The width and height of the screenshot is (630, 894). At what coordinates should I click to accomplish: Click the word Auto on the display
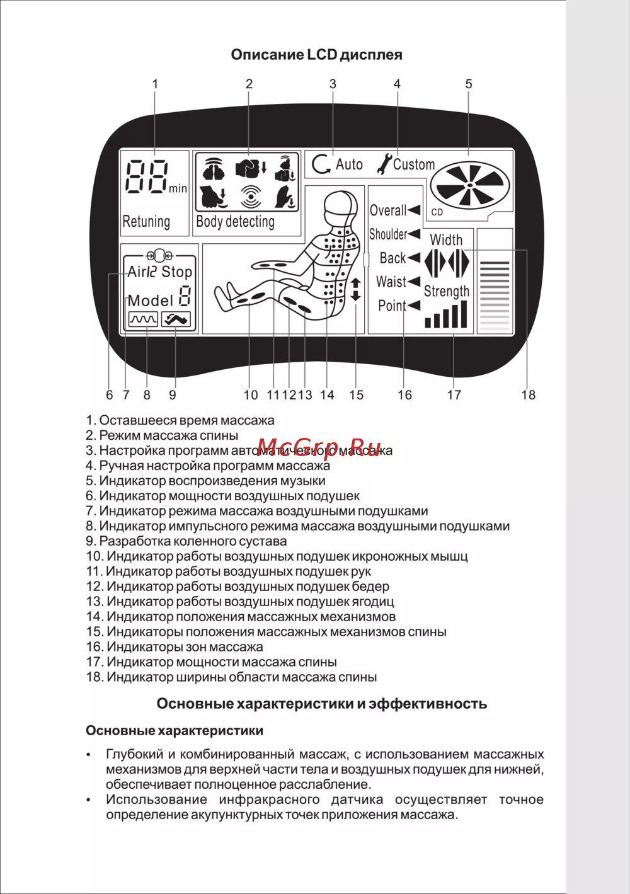(x=349, y=164)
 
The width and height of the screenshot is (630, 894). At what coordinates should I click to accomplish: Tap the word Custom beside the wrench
(x=414, y=164)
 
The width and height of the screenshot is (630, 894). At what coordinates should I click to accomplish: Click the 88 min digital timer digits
(x=148, y=177)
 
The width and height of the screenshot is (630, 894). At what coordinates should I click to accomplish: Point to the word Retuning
(x=146, y=222)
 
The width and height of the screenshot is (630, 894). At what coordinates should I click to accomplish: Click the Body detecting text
(x=235, y=222)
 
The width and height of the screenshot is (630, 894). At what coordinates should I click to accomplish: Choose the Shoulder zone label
(x=388, y=234)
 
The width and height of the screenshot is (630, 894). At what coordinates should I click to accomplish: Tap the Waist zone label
(x=391, y=282)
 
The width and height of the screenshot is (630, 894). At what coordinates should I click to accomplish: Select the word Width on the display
(x=446, y=240)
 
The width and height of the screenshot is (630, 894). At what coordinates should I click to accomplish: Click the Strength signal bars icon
(x=446, y=315)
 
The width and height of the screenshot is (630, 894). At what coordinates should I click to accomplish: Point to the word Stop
(x=176, y=272)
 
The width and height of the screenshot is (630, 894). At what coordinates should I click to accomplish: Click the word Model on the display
(x=150, y=301)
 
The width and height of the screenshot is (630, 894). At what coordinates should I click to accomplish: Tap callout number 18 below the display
(x=528, y=395)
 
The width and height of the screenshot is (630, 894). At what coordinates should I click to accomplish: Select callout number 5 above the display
(x=469, y=84)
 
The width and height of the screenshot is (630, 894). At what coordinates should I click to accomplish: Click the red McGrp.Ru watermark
(x=321, y=447)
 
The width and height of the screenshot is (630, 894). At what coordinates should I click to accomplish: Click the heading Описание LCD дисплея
(x=316, y=55)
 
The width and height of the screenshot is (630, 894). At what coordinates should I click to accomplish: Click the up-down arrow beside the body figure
(x=356, y=289)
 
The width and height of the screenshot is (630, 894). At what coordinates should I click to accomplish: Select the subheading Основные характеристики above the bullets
(x=175, y=731)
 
